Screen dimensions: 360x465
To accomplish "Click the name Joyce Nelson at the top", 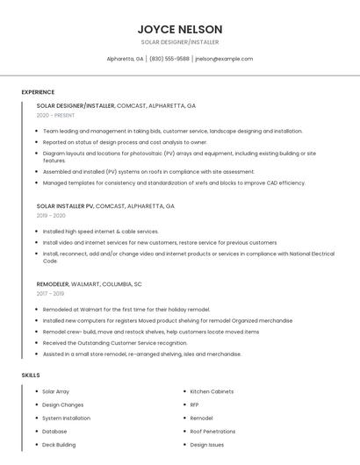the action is [179, 29].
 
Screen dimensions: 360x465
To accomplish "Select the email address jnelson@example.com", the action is [224, 59].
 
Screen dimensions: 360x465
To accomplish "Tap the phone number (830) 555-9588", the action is [169, 59].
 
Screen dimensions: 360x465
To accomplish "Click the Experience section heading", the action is [38, 92].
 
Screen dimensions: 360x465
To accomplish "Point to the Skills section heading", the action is [31, 375].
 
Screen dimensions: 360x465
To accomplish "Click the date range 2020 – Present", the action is [54, 115].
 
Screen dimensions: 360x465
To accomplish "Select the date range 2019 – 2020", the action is [51, 215].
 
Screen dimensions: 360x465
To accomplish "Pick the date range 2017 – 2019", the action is [51, 293].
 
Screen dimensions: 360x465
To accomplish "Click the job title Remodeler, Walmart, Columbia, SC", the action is [89, 284].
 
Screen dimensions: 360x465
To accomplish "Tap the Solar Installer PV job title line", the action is [105, 206].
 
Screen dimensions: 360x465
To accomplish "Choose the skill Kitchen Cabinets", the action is [212, 391].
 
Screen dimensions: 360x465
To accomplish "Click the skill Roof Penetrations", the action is [212, 431].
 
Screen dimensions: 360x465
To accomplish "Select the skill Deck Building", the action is [60, 445].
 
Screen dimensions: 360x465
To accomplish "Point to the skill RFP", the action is [194, 404].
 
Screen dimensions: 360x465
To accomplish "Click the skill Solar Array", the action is [56, 391].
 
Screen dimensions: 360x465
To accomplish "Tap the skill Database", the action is [54, 431].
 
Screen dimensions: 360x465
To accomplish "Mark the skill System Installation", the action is [66, 418].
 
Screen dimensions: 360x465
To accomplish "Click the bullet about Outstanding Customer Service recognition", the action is [114, 343].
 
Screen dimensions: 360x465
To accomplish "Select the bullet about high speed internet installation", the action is [100, 232].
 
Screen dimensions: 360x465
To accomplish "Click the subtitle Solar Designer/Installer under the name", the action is [179, 42].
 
